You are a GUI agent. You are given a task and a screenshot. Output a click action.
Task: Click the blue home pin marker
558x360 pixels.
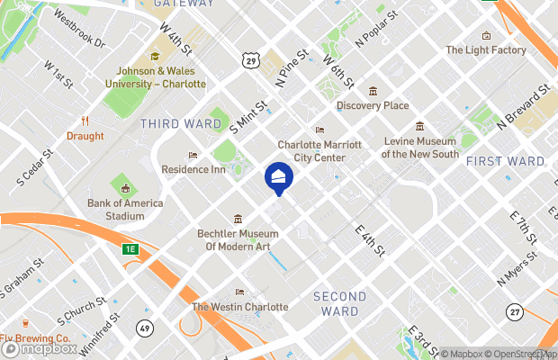(278, 176)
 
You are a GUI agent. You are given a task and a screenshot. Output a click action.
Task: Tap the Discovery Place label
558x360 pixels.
(373, 105)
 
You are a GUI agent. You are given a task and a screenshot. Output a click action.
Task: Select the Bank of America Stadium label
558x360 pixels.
(125, 209)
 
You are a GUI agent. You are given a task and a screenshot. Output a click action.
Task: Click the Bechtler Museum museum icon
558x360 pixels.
(238, 219)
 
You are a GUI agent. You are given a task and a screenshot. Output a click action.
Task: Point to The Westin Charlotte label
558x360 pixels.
(240, 307)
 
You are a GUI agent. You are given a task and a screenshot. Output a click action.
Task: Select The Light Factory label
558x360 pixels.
(486, 50)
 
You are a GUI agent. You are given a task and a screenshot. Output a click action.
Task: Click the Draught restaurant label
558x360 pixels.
(85, 137)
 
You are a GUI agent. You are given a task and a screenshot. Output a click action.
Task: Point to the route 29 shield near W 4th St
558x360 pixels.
(250, 58)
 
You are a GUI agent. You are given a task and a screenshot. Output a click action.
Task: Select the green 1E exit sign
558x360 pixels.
(131, 248)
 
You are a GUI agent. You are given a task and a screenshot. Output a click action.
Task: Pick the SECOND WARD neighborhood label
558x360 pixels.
(339, 304)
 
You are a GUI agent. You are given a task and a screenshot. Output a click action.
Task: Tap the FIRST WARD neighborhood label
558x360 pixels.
(505, 161)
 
